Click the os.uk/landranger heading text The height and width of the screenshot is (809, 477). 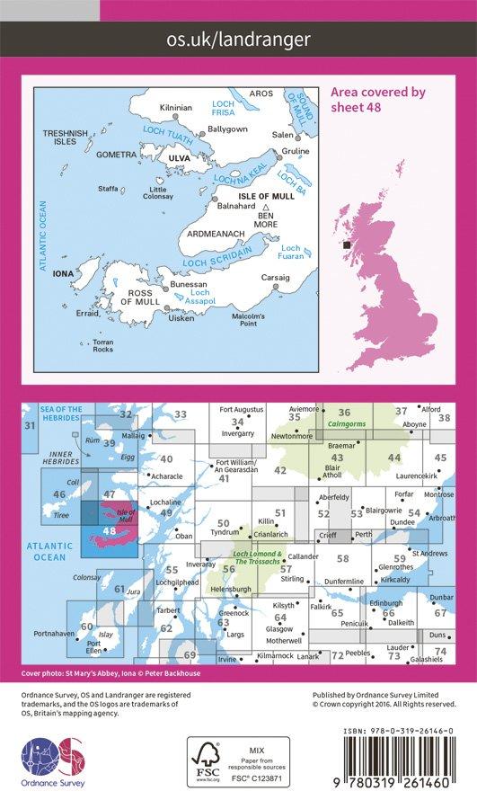238,39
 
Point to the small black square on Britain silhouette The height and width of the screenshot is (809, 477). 347,243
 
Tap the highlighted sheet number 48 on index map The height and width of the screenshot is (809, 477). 109,530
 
